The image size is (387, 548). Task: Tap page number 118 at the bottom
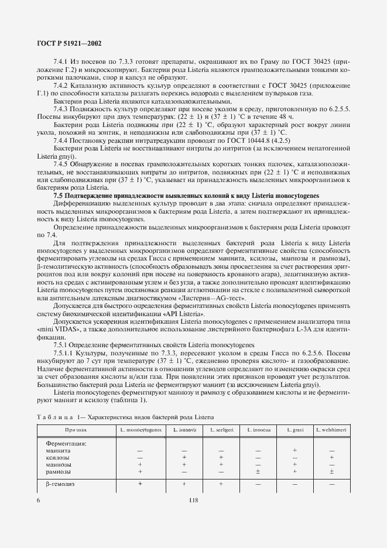click(x=193, y=500)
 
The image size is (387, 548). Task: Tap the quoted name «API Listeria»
click(x=183, y=314)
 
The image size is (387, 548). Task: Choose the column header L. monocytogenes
click(x=140, y=430)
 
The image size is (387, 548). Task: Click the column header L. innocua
click(x=258, y=430)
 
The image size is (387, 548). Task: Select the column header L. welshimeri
click(x=331, y=430)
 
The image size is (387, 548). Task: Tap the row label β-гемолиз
click(x=60, y=484)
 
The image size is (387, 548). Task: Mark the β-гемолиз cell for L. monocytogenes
click(x=140, y=484)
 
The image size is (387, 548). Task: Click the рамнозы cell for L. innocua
click(x=258, y=471)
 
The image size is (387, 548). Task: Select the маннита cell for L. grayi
click(x=294, y=450)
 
